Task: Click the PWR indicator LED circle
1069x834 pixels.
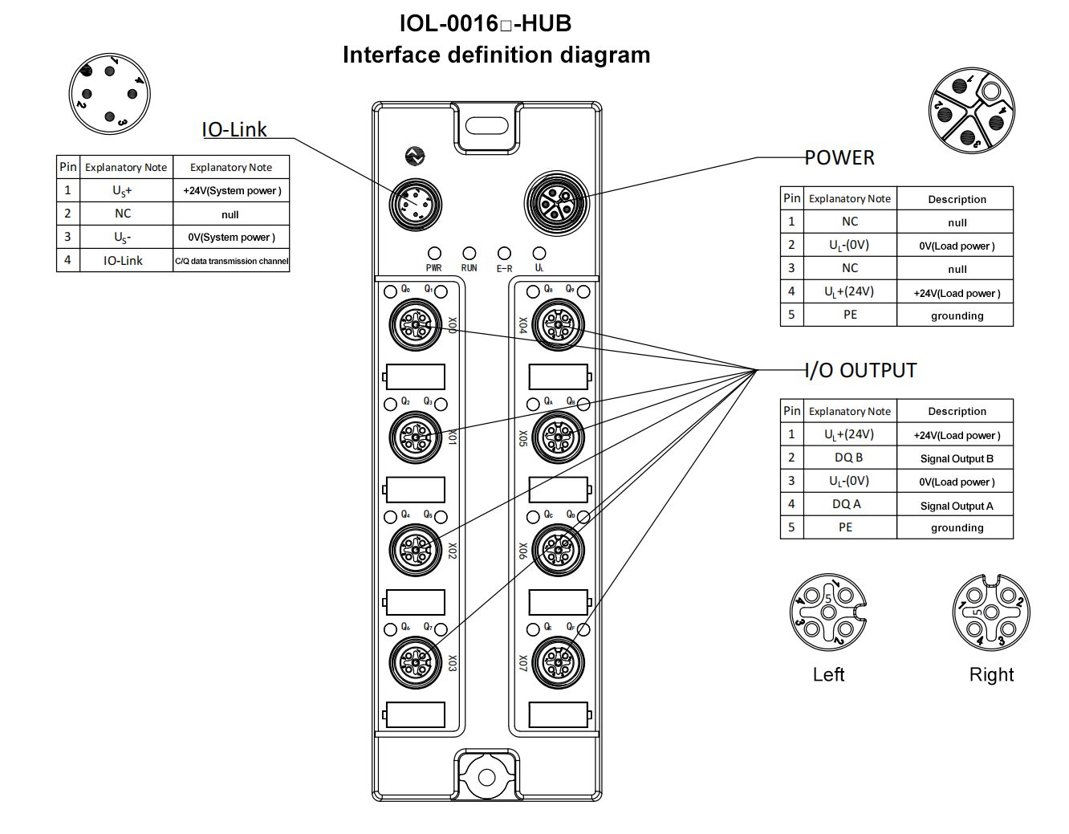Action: (434, 254)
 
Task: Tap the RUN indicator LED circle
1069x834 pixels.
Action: (469, 254)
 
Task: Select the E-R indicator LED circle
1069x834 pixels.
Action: (504, 254)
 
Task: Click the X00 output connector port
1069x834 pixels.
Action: (416, 325)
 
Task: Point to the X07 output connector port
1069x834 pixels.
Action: (559, 663)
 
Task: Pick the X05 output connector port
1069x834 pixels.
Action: (559, 437)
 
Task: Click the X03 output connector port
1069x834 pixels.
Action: (416, 663)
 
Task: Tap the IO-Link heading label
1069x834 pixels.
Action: (234, 130)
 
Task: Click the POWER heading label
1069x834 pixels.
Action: (839, 158)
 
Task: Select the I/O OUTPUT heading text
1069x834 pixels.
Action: (861, 371)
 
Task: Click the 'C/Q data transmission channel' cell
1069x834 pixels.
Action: (231, 261)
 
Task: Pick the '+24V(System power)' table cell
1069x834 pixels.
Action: (231, 191)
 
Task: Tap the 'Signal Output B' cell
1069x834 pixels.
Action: (956, 459)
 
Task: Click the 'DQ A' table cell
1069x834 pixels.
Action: (846, 504)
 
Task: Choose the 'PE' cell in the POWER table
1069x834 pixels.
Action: (850, 315)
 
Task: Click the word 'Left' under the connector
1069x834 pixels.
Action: (828, 675)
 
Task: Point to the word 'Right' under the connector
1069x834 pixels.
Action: (991, 675)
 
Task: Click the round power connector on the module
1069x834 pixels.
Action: (557, 203)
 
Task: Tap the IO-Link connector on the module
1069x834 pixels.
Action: (416, 204)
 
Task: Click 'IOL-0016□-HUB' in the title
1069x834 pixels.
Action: (485, 24)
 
